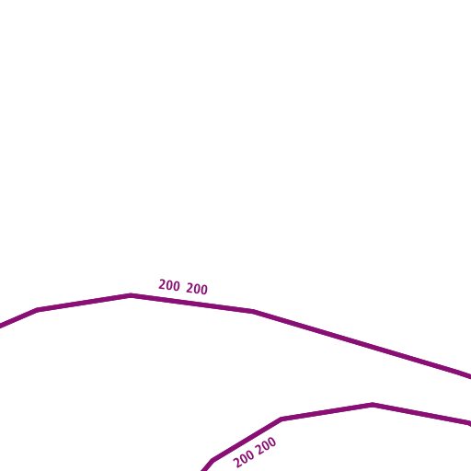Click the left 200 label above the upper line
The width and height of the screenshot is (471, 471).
(169, 285)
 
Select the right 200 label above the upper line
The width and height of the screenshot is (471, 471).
(197, 289)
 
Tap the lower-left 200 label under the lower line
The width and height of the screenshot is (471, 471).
(244, 459)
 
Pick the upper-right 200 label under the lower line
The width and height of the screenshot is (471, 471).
(266, 446)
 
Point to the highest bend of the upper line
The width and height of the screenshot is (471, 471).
(131, 295)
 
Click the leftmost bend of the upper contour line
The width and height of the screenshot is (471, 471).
(38, 310)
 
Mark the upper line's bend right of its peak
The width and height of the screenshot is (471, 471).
(253, 312)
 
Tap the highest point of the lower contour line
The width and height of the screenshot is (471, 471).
(373, 405)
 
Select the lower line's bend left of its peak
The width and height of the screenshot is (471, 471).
(281, 419)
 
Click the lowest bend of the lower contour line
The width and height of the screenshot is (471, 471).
(213, 460)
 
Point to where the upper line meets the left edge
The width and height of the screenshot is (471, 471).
(1, 326)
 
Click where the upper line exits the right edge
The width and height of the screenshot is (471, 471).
(470, 377)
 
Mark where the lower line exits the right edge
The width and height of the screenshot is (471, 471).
(470, 424)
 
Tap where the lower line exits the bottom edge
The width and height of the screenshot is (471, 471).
(204, 470)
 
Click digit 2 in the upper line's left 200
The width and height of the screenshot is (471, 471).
(162, 284)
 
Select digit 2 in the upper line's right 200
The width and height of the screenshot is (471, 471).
(190, 288)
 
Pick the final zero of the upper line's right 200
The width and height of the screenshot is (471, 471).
(204, 290)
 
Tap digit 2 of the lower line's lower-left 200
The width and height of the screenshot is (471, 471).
(237, 463)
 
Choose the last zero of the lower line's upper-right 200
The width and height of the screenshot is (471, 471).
(272, 442)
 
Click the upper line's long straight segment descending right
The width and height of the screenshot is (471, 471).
(362, 344)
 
